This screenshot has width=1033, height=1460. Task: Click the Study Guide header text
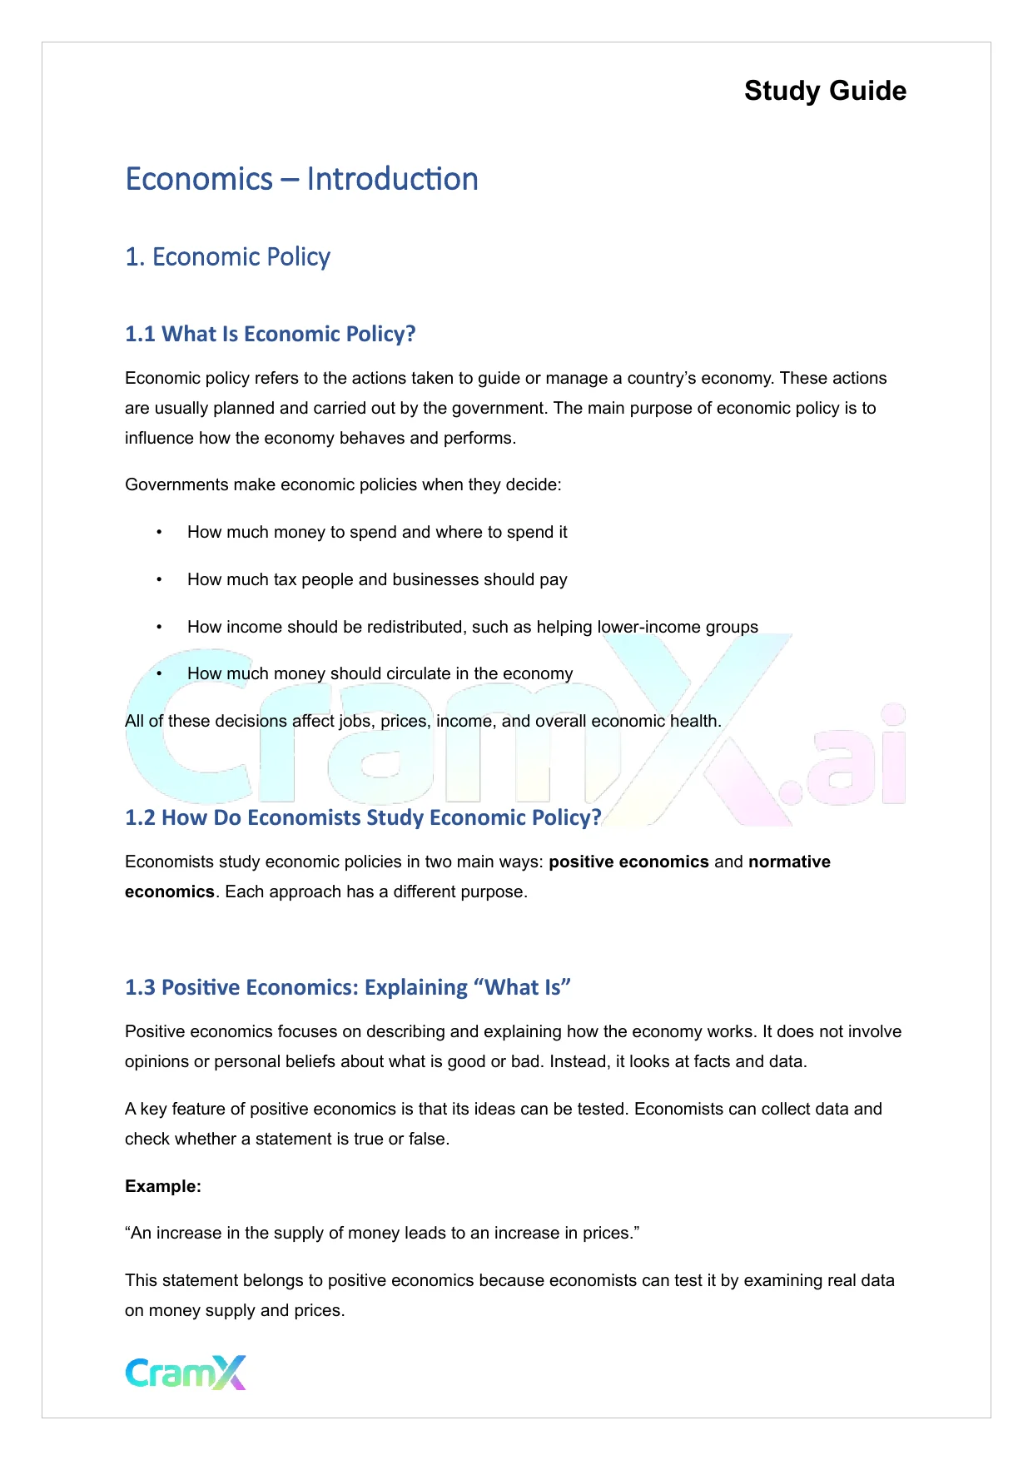click(825, 91)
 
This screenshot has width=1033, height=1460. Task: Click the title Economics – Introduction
click(301, 179)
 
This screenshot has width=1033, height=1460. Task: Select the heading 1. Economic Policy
click(227, 256)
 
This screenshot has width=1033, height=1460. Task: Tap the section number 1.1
click(140, 334)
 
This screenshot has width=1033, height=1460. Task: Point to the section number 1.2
click(140, 817)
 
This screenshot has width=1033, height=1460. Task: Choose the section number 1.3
click(140, 987)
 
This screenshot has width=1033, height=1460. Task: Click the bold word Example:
click(163, 1186)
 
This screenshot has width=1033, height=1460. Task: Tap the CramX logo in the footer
click(186, 1373)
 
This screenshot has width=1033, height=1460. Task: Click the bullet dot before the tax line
click(159, 579)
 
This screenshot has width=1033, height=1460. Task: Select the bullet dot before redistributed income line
click(159, 627)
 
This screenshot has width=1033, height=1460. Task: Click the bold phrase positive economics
click(628, 862)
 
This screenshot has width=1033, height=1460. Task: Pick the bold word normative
click(789, 862)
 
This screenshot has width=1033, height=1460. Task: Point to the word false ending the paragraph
click(427, 1139)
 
